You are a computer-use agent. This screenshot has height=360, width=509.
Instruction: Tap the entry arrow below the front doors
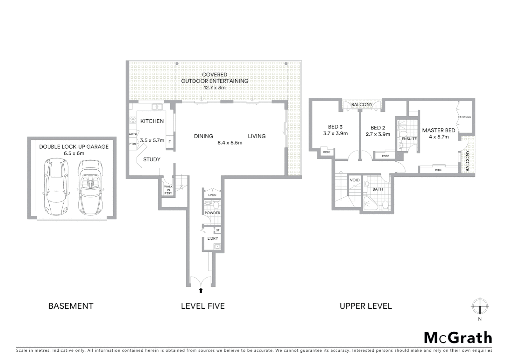pos(201,290)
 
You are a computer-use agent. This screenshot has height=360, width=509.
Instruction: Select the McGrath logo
pos(458,338)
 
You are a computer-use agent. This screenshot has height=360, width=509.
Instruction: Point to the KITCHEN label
pos(152,121)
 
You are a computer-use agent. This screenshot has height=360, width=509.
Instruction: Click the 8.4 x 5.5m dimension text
pos(230,143)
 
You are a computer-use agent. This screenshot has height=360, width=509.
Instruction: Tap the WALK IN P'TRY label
pos(168,190)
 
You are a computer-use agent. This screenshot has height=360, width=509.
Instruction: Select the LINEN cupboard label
pos(212,195)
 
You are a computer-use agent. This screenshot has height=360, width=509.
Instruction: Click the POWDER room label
pos(212,213)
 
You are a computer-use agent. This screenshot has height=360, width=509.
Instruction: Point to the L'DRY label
pos(213,238)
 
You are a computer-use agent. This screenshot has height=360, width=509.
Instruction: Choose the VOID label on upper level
pos(355,180)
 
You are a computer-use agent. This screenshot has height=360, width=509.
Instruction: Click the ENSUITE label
pos(409,139)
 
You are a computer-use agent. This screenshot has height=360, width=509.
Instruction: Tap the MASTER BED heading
pos(438,130)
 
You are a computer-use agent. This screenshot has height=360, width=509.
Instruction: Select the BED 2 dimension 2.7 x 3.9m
pos(378,134)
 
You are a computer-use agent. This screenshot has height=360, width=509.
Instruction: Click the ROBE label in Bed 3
pos(326,152)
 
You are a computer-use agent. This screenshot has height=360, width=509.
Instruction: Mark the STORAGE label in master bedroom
pos(465,117)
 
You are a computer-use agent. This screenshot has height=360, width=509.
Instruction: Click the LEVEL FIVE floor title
pos(203,306)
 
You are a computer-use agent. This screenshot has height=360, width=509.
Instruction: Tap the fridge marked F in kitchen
pos(170,142)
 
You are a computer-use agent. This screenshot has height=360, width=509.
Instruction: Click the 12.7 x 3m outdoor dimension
pos(215,88)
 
